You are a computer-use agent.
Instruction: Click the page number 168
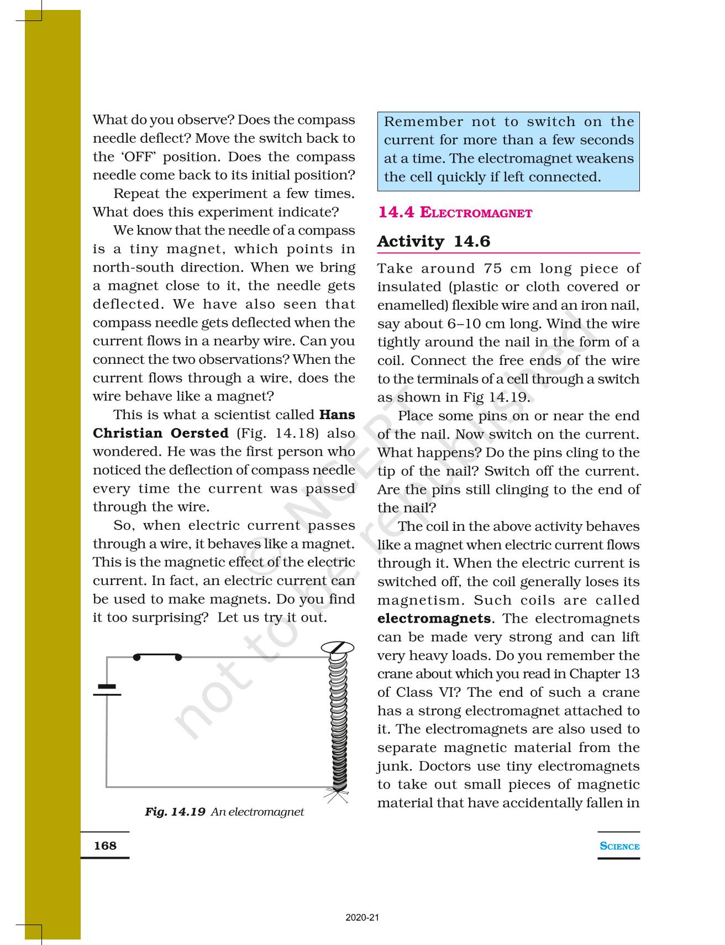tap(105, 845)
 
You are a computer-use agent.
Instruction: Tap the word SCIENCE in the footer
tap(619, 846)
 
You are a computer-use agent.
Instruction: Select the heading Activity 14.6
tap(434, 242)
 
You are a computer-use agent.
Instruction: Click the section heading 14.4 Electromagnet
tap(455, 212)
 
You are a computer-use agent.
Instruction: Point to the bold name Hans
tap(337, 415)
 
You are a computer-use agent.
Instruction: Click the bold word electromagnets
tap(434, 618)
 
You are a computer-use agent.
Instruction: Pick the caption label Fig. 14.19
tap(175, 812)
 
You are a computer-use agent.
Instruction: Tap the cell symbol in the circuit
tap(107, 690)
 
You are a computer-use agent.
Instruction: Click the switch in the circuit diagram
tap(157, 657)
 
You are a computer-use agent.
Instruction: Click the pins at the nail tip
tap(336, 795)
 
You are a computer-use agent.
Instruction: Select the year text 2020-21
tap(362, 918)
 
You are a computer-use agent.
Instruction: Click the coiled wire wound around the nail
tap(337, 719)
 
